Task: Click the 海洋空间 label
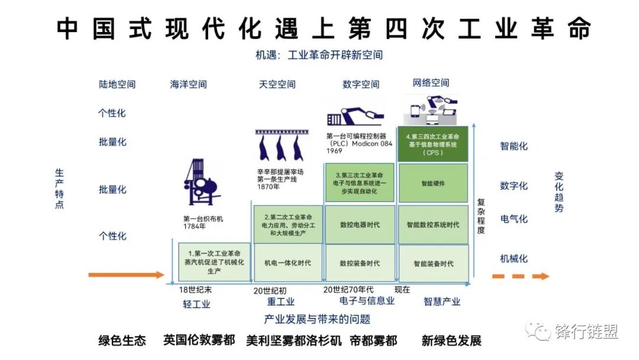pos(189,85)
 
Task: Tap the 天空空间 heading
pos(277,85)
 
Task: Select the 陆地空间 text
pos(117,84)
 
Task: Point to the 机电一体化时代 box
pos(288,263)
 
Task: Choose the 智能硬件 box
pos(433,184)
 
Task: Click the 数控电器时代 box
pos(360,225)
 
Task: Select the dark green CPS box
pos(433,144)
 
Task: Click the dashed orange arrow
pos(521,276)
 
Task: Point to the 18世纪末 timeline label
pos(195,290)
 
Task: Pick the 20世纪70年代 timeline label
pos(348,290)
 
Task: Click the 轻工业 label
pos(196,304)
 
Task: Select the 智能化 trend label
pos(514,146)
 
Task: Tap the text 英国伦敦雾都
pos(199,340)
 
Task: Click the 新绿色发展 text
pos(451,340)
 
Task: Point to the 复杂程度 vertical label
pos(481,216)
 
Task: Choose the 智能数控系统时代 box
pos(433,225)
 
